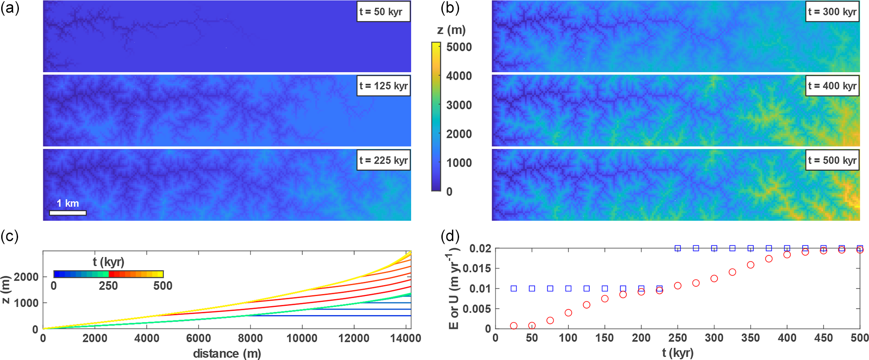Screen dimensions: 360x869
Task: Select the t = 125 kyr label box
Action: click(x=383, y=86)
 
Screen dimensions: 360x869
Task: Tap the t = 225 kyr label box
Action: click(x=383, y=160)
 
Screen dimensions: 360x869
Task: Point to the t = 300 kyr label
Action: click(x=832, y=12)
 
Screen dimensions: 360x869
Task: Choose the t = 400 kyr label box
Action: click(x=832, y=86)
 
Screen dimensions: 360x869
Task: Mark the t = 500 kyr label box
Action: click(x=832, y=160)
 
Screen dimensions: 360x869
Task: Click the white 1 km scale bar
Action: click(x=68, y=213)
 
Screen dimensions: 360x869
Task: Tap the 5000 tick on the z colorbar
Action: click(x=459, y=47)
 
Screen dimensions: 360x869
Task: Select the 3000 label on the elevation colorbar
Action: click(x=459, y=105)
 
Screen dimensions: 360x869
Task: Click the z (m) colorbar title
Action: click(x=451, y=30)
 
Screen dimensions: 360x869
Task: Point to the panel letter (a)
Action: click(x=10, y=8)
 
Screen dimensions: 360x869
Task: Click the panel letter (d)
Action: click(x=450, y=236)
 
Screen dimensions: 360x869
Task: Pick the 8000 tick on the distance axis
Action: click(x=250, y=339)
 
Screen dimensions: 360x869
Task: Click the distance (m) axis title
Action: click(x=227, y=354)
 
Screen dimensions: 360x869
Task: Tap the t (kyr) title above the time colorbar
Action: click(x=108, y=262)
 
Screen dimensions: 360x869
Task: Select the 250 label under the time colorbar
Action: click(x=108, y=286)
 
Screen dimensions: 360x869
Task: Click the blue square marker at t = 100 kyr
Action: click(x=568, y=289)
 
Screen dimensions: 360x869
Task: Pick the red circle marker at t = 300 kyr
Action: click(x=714, y=278)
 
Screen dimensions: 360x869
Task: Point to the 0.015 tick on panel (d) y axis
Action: click(x=477, y=268)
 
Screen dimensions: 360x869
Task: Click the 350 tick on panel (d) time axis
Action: click(x=750, y=338)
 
